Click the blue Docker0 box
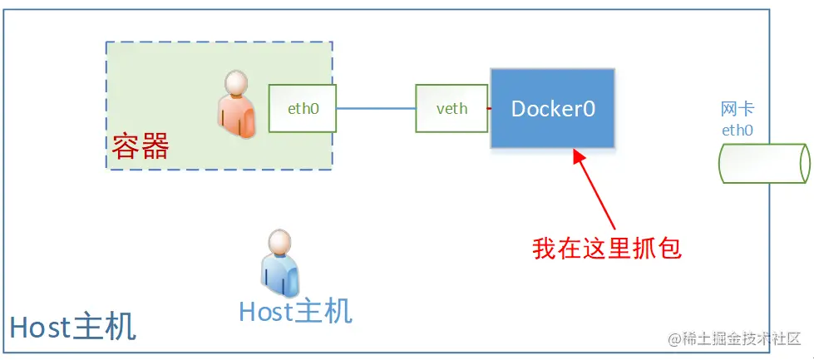[553, 109]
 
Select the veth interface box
[451, 109]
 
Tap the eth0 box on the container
[303, 108]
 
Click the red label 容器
[141, 146]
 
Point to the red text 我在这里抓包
[607, 248]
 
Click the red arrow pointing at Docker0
[594, 190]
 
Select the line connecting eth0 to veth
[376, 109]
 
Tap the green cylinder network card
[763, 162]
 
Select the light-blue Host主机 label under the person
[295, 311]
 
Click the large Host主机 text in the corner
[73, 327]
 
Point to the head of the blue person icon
[279, 243]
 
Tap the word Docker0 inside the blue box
[553, 109]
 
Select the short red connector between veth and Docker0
[490, 109]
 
